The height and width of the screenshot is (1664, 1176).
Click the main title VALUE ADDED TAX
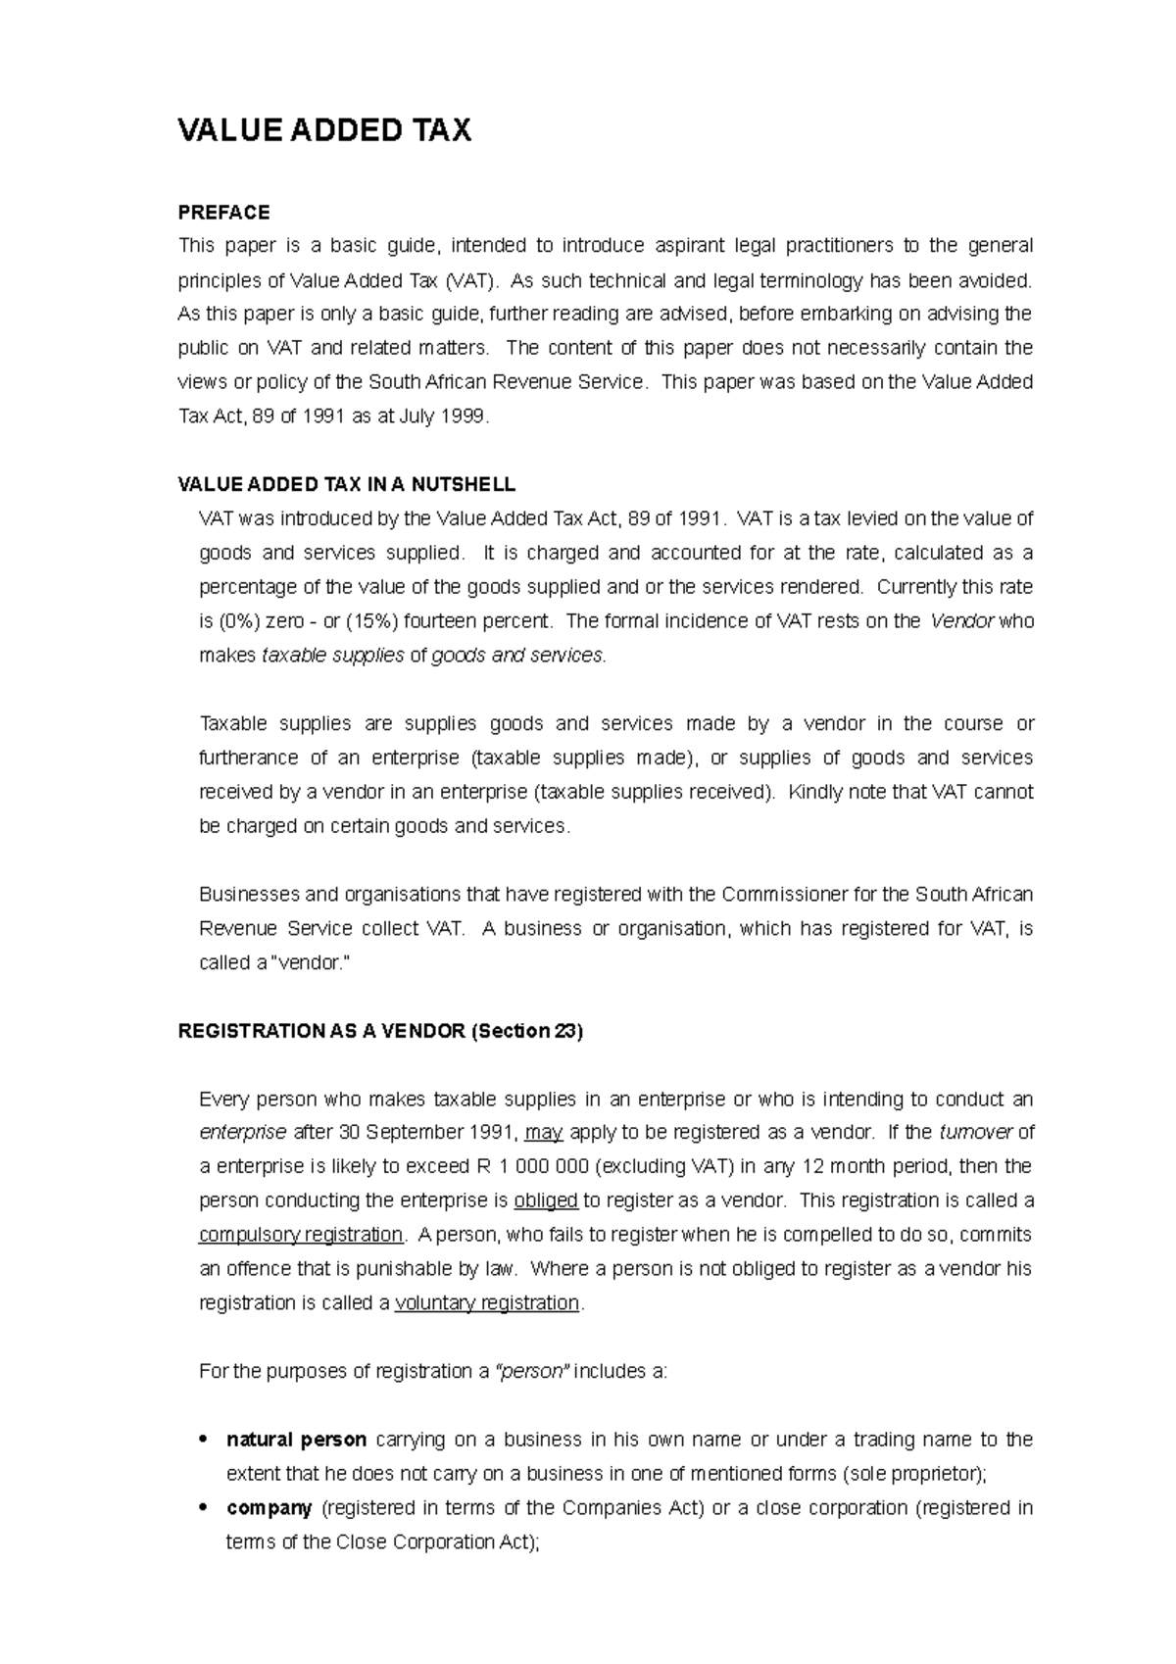(x=323, y=130)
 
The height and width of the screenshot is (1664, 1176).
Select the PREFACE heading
(x=223, y=213)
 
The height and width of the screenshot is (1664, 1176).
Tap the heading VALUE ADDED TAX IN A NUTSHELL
(x=346, y=485)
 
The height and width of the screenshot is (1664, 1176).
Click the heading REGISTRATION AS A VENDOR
(x=380, y=1031)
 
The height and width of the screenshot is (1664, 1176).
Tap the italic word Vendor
(x=962, y=621)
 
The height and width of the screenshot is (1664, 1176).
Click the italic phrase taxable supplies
(x=333, y=656)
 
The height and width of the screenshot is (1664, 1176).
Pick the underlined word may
(x=544, y=1133)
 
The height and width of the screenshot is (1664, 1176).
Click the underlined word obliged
(x=546, y=1201)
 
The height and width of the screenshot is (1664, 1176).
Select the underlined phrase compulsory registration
(x=301, y=1235)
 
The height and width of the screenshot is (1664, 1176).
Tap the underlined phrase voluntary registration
(x=487, y=1303)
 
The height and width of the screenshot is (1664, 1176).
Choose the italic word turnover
(x=975, y=1133)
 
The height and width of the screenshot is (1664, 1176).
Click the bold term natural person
(x=296, y=1440)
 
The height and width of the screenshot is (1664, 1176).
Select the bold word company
(x=269, y=1508)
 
